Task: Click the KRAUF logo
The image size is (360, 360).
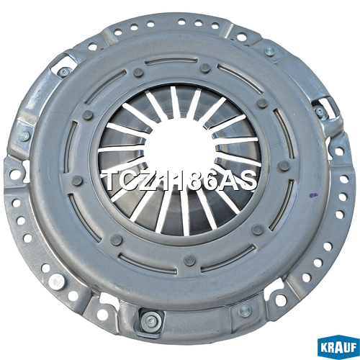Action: pyautogui.click(x=338, y=348)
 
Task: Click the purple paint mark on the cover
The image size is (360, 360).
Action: pyautogui.click(x=312, y=195)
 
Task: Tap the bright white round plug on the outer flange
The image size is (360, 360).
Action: pyautogui.click(x=56, y=282)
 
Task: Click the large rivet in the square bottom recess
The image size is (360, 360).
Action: pyautogui.click(x=150, y=321)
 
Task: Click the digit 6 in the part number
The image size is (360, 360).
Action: pyautogui.click(x=212, y=181)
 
